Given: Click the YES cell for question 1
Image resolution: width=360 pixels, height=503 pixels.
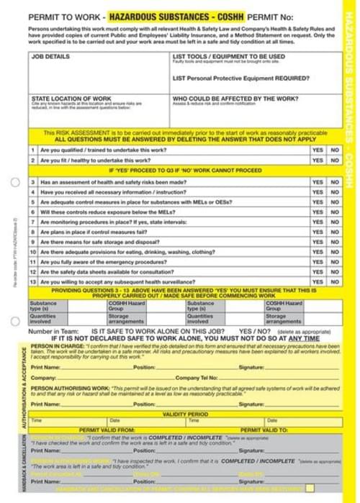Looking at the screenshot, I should pyautogui.click(x=318, y=150).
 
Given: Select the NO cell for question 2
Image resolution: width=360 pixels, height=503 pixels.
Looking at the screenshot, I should pyautogui.click(x=334, y=160).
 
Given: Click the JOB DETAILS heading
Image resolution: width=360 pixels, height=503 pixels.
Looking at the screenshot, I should pyautogui.click(x=50, y=55).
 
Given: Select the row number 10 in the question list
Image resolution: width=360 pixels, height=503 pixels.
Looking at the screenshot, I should pyautogui.click(x=33, y=253).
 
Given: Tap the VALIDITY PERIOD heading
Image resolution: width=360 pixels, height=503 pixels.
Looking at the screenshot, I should pyautogui.click(x=186, y=414).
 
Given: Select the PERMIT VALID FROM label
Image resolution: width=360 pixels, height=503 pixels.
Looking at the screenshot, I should pyautogui.click(x=107, y=429).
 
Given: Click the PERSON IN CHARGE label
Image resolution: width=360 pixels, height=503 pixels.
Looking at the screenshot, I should pyautogui.click(x=50, y=345).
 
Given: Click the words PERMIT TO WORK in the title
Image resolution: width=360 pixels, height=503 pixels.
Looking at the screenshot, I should pyautogui.click(x=63, y=13).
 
